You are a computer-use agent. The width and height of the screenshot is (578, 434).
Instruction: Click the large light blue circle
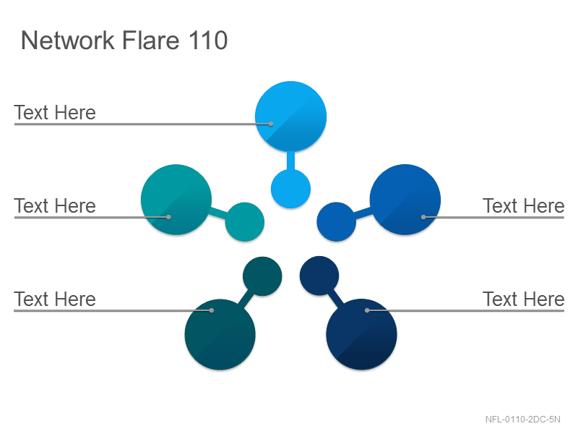[x=290, y=116]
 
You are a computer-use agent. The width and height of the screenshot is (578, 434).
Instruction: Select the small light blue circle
[x=290, y=189]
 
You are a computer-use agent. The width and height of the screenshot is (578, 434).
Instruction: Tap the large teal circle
[x=176, y=200]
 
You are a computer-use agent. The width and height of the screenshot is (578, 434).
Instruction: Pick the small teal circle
[x=245, y=222]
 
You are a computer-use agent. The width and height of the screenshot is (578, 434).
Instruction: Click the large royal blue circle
[x=405, y=200]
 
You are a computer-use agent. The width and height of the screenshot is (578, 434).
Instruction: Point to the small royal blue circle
[x=337, y=222]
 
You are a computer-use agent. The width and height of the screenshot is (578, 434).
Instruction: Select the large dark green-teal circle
[x=220, y=334]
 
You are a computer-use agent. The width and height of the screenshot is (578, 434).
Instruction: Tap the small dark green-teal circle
[x=262, y=276]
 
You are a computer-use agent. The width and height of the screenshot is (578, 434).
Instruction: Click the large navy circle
[x=362, y=334]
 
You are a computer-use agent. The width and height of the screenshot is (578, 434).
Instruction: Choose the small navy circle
[x=319, y=276]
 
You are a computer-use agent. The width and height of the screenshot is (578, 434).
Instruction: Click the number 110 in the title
[x=208, y=40]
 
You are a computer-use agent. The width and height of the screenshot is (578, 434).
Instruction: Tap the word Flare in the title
[x=151, y=40]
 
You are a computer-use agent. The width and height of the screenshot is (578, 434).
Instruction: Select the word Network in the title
[x=67, y=40]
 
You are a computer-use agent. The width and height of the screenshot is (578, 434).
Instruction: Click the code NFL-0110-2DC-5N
[x=522, y=420]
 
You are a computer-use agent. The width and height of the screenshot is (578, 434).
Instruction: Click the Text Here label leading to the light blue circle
[x=55, y=113]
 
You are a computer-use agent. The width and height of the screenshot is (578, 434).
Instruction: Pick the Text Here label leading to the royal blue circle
[x=523, y=206]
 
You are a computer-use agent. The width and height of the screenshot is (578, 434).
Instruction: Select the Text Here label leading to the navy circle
[x=523, y=299]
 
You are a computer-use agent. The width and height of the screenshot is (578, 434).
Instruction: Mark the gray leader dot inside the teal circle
[x=168, y=218]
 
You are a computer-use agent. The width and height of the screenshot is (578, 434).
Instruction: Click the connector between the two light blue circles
[x=291, y=161]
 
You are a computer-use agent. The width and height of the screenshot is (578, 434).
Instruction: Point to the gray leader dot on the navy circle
[x=367, y=310]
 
